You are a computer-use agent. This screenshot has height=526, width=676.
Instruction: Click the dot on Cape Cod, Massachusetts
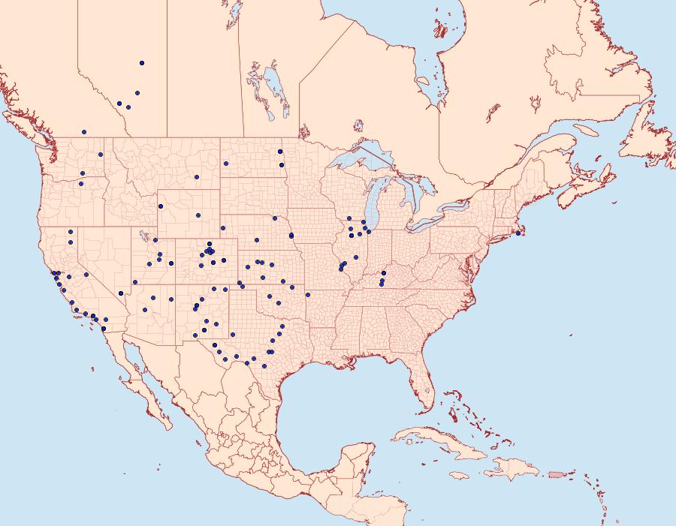point(518,233)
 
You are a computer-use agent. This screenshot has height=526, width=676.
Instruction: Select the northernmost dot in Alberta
point(141,63)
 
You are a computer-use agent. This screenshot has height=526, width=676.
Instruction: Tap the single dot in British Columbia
point(84,132)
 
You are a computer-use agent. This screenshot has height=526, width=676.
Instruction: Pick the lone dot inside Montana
point(197,178)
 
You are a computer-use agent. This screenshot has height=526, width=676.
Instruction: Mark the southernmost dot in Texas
point(264,365)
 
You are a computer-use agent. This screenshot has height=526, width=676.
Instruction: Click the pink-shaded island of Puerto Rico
point(556,473)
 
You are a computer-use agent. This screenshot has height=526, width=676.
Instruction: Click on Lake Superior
point(361,162)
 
